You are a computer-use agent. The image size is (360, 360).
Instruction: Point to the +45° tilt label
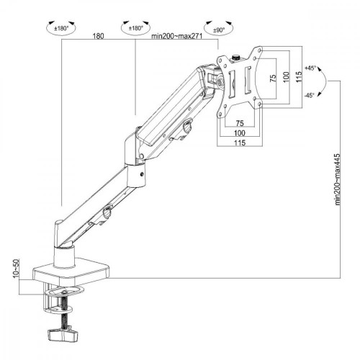(310, 68)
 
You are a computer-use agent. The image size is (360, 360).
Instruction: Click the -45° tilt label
(310, 94)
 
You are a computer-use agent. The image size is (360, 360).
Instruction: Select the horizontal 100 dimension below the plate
(238, 134)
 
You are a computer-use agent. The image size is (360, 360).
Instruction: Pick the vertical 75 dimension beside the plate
(272, 79)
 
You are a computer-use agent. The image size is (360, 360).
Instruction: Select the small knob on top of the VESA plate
(238, 53)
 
